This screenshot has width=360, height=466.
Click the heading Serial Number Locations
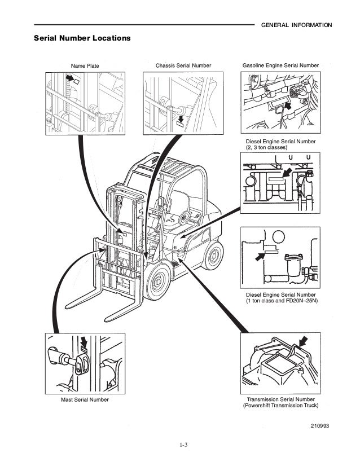(x=82, y=38)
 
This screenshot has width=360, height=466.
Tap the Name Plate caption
(x=84, y=66)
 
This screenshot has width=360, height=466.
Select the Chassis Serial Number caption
(x=183, y=65)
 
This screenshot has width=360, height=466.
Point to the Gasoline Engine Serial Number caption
(x=280, y=65)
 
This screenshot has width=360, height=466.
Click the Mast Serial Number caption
(x=85, y=399)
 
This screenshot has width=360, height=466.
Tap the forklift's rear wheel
(x=213, y=254)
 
